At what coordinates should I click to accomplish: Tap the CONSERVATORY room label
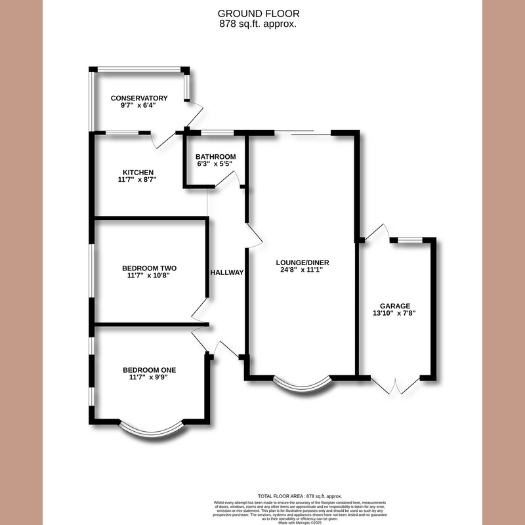pos(138,98)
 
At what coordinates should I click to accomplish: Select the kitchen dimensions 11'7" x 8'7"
pos(137,179)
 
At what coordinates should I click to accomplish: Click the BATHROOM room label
pos(215,157)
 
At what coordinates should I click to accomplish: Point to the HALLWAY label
pos(227,272)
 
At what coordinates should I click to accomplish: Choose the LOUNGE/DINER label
pos(302,261)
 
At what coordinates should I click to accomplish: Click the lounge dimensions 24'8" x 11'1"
pos(302,269)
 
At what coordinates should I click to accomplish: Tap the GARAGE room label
pos(395,306)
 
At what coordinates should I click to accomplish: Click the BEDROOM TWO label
pos(149,268)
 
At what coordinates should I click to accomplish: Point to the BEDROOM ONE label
pos(149,370)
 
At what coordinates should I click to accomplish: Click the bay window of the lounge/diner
pos(301,387)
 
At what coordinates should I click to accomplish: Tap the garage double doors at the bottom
pos(396,386)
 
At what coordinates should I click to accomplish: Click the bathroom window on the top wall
pos(217,133)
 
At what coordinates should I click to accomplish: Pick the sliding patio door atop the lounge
pos(303,133)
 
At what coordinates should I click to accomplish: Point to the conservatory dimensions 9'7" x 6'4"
pos(138,107)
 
